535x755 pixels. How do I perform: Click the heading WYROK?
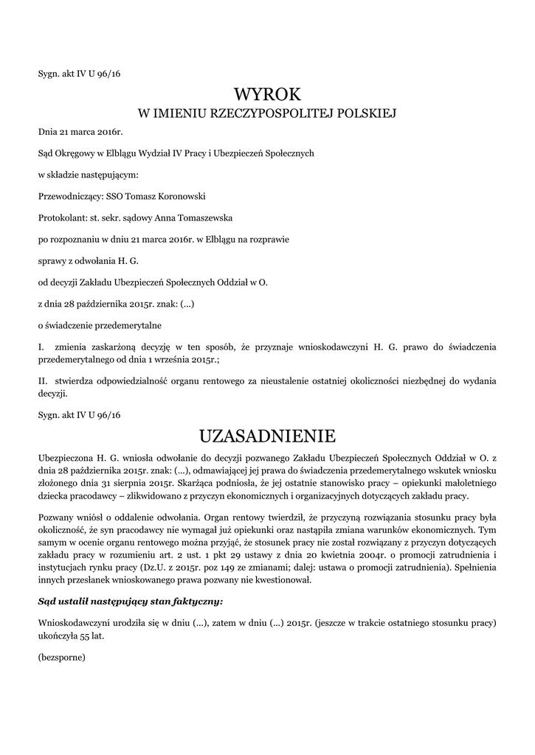pos(267,94)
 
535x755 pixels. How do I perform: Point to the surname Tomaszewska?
pos(187,218)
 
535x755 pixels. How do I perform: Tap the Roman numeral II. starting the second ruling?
pos(43,382)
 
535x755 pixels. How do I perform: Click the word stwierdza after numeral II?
pos(77,382)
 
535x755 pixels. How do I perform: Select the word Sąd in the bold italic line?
pos(46,602)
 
